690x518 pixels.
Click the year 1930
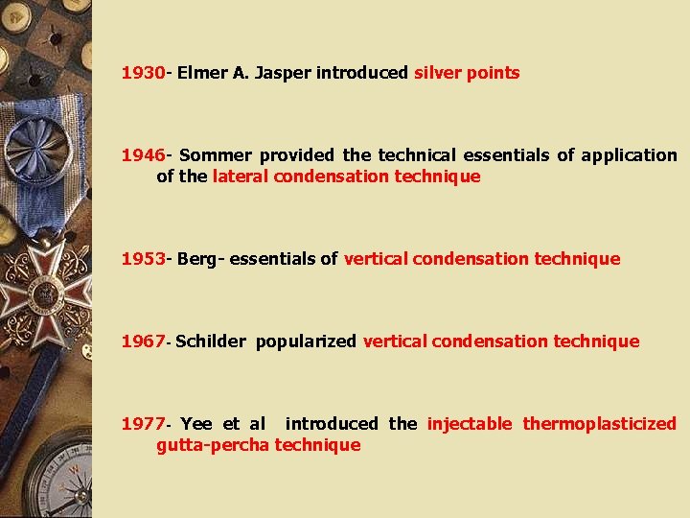[143, 73]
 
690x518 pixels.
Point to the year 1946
[143, 155]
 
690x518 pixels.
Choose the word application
[628, 155]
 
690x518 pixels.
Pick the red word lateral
[241, 177]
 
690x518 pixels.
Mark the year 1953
[143, 259]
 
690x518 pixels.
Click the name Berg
[197, 259]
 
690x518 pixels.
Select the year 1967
[143, 341]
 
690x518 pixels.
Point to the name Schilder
[211, 341]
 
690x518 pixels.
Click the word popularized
[306, 341]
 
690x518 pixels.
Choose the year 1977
[143, 424]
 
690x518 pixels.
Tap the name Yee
[195, 424]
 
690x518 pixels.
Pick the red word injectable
[470, 424]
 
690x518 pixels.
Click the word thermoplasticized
[599, 424]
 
